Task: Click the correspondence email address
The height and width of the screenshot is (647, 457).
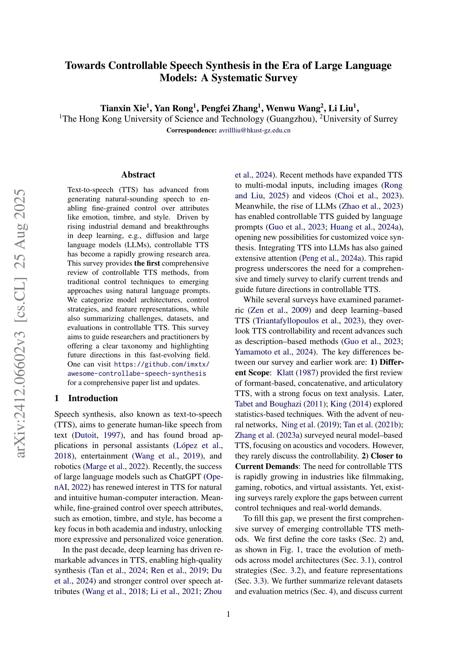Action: coord(254,130)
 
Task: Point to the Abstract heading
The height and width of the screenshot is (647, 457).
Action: coord(138,175)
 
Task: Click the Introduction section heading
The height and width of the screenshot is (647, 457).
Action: coord(93,398)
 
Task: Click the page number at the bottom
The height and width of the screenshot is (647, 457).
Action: coord(228,614)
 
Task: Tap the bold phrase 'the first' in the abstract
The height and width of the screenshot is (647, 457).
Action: coord(147,264)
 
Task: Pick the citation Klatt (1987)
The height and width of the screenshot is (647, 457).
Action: coord(297,373)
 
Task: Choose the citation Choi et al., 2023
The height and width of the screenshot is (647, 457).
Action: coord(368,196)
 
